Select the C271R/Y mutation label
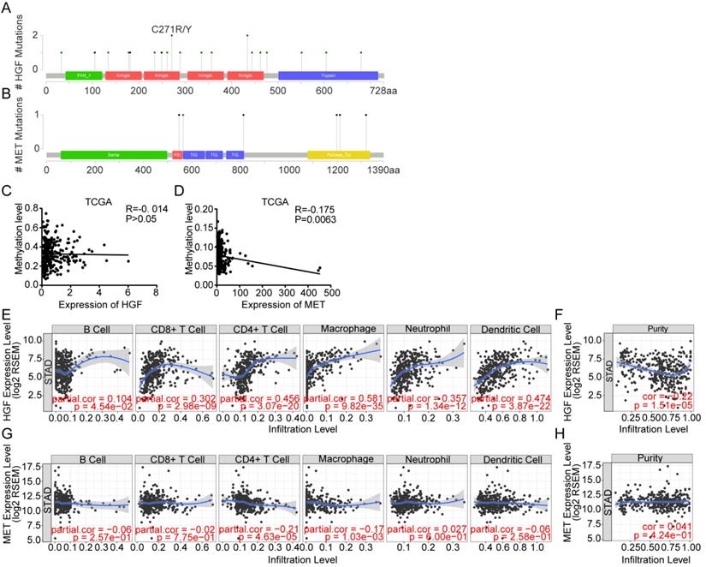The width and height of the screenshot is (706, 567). [x=172, y=27]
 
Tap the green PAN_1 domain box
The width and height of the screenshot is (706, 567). [x=83, y=76]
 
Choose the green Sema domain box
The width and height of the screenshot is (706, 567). [x=113, y=155]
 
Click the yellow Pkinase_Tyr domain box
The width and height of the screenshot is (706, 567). [x=338, y=155]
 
